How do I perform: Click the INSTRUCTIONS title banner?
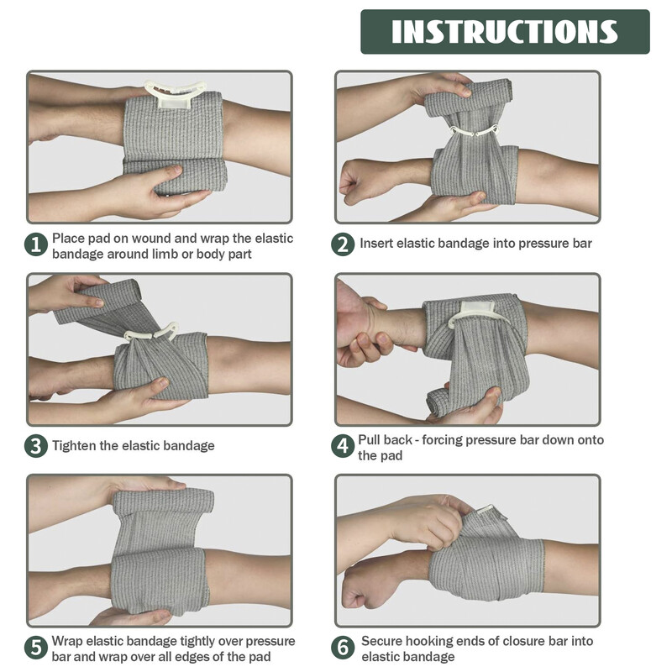pyautogui.click(x=505, y=32)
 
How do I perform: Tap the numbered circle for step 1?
pyautogui.click(x=36, y=244)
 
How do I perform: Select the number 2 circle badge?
pyautogui.click(x=343, y=244)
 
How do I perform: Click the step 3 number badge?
pyautogui.click(x=36, y=446)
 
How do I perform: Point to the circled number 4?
pyautogui.click(x=343, y=446)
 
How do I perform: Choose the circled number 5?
pyautogui.click(x=36, y=647)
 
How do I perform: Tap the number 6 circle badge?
pyautogui.click(x=343, y=647)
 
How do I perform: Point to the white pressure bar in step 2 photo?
pyautogui.click(x=475, y=131)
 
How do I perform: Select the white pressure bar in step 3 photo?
pyautogui.click(x=153, y=332)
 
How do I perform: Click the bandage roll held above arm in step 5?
pyautogui.click(x=163, y=501)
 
